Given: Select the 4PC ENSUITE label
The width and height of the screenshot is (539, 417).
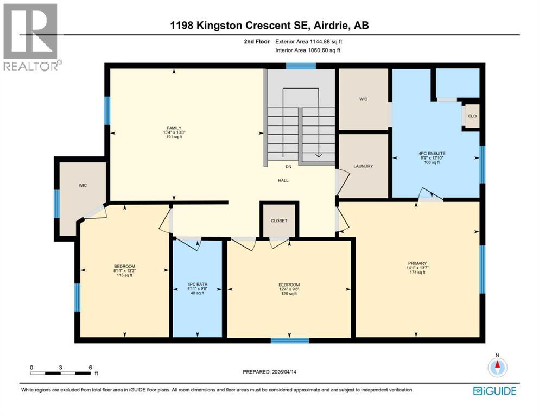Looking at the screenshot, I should point(432,154).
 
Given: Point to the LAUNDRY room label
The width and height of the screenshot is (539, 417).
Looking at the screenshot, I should point(363,166).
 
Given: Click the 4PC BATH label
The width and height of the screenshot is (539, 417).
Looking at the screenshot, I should point(197,284).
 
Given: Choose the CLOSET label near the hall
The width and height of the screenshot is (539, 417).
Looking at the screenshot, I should point(279,220).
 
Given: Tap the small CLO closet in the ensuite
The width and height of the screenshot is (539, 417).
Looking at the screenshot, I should point(472,116).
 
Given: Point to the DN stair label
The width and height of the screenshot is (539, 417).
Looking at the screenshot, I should point(289,167).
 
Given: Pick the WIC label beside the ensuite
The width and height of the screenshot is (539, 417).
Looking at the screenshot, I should point(363,99).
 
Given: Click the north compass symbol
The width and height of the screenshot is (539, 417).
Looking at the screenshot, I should point(496,368).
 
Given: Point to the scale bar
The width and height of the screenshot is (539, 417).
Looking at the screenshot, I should point(61,372).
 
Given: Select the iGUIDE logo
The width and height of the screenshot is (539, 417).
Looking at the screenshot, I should point(494,390).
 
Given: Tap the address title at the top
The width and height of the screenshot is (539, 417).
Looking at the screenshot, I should point(270,25).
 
